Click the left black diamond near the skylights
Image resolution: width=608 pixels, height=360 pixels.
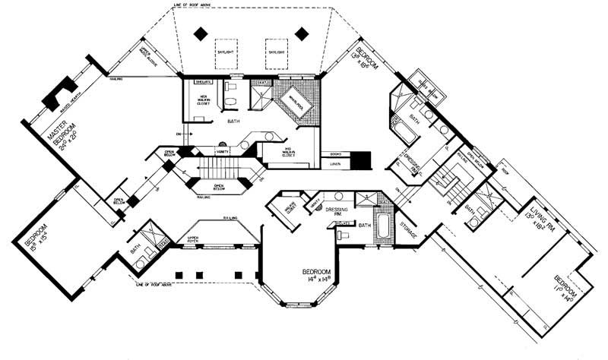click(x=200, y=33)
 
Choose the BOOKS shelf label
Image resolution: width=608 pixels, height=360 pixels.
click(x=336, y=153)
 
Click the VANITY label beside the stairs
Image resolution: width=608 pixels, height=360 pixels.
click(x=223, y=152)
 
